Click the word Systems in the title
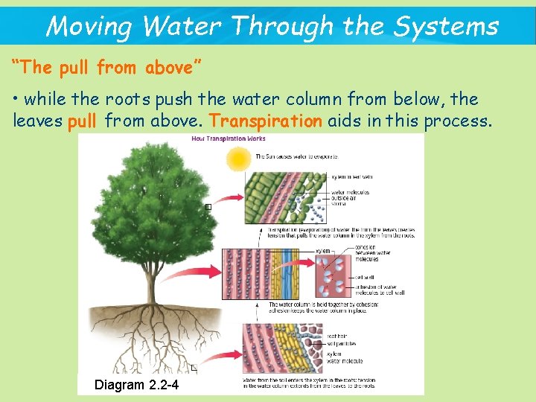(446, 27)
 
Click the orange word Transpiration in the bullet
(266, 121)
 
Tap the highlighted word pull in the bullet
(82, 121)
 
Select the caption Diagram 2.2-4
(136, 385)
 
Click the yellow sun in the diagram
(240, 158)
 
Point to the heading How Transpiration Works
(229, 138)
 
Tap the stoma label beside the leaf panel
(339, 202)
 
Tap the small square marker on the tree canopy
(208, 207)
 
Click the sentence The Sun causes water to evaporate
(296, 157)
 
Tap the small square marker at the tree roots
(194, 368)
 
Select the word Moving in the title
(89, 27)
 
